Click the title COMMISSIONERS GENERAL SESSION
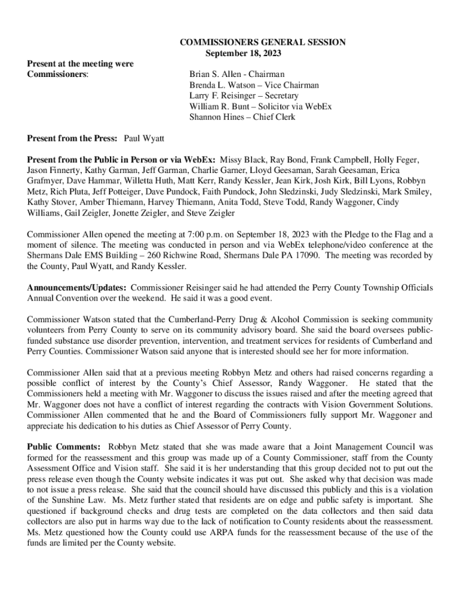click(263, 42)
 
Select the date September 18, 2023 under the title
click(243, 53)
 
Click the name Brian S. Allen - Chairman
click(237, 75)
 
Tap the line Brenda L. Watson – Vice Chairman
click(254, 85)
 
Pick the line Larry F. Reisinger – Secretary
click(244, 96)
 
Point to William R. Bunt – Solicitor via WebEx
click(260, 107)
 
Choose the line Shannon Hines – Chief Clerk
click(243, 118)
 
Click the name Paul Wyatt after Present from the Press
click(144, 139)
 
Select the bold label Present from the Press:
click(72, 139)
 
